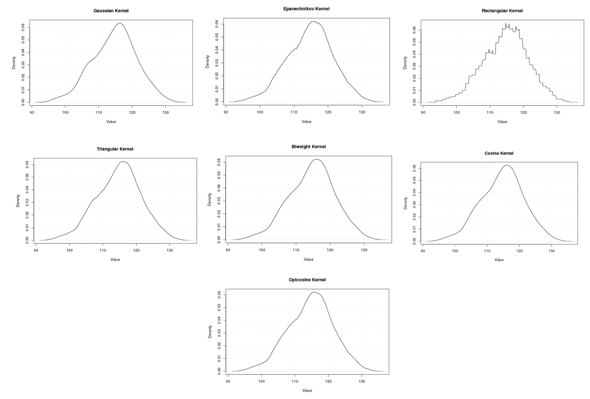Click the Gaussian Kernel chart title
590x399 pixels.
tap(111, 11)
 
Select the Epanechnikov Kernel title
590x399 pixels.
tap(306, 9)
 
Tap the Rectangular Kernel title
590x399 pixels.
tap(502, 11)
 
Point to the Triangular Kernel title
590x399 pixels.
tap(115, 149)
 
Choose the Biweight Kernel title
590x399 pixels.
tap(308, 147)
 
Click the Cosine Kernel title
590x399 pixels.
tap(499, 153)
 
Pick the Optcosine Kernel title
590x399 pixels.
tap(307, 280)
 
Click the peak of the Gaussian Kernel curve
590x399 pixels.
tap(119, 23)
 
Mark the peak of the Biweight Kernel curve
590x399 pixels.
tap(316, 159)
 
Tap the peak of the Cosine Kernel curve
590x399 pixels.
tap(507, 165)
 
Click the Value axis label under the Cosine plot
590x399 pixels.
tap(499, 260)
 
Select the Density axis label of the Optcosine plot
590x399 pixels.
tap(210, 331)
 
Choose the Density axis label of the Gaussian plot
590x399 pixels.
tap(14, 62)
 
